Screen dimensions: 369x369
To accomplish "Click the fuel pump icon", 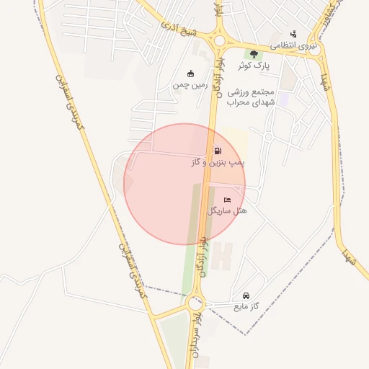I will [217, 151].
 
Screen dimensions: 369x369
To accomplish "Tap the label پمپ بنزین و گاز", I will [218, 164].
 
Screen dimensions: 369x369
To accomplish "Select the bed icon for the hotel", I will [228, 200].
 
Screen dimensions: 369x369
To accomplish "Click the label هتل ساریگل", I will [227, 210].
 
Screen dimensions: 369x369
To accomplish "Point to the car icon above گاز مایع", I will [246, 296].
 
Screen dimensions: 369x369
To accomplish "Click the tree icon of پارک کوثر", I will [253, 54].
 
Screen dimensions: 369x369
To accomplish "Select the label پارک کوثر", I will [254, 66].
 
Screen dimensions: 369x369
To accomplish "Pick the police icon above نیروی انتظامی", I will [293, 34].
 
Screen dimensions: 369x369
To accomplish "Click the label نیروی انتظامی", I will [293, 45].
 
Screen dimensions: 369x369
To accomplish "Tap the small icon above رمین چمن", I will [190, 74].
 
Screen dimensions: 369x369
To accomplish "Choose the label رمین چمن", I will [190, 85].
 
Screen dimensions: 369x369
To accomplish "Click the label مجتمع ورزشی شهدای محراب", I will [252, 97].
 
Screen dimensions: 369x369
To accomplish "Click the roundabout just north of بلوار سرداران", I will [195, 304].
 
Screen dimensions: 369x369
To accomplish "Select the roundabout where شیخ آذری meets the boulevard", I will [219, 41].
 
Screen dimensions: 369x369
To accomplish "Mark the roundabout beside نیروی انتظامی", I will [316, 50].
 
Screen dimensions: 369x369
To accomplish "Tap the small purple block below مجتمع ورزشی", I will [283, 98].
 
